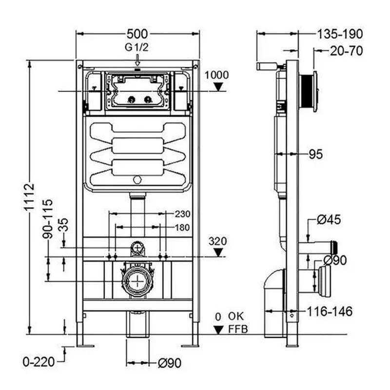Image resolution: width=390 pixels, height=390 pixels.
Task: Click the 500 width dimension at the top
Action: pyautogui.click(x=137, y=34)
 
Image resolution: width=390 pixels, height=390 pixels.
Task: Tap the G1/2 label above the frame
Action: pyautogui.click(x=137, y=48)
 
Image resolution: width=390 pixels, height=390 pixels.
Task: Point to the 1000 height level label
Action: pyautogui.click(x=216, y=75)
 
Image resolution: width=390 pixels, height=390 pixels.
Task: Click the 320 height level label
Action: pyautogui.click(x=218, y=240)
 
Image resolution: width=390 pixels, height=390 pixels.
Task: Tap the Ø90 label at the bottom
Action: pyautogui.click(x=169, y=363)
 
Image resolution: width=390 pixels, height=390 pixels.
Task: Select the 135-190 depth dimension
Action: pyautogui.click(x=340, y=34)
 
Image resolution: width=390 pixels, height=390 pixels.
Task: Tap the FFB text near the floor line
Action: pyautogui.click(x=238, y=329)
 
